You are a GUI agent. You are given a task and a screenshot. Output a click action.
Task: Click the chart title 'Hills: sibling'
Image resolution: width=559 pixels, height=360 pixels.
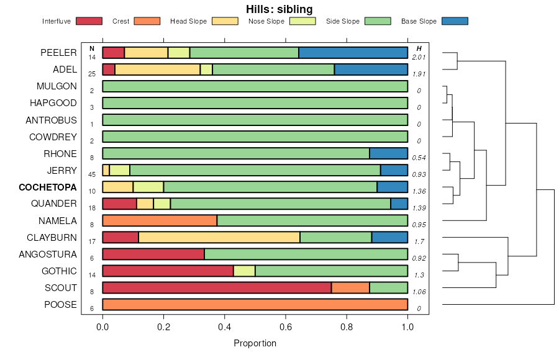point(279,9)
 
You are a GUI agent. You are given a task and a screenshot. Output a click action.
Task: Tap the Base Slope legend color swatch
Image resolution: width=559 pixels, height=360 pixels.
point(454,21)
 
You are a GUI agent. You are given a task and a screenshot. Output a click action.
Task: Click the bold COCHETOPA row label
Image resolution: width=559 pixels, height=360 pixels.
point(48,187)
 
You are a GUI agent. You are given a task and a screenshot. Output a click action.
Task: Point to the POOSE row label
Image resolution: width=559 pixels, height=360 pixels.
point(60,305)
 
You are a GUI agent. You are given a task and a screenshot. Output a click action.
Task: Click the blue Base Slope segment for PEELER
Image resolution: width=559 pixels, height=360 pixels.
point(353,52)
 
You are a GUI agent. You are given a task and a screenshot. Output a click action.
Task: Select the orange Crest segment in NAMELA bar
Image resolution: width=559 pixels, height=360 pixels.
point(160,220)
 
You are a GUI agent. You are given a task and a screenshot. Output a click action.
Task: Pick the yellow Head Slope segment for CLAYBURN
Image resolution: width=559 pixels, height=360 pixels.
point(219,237)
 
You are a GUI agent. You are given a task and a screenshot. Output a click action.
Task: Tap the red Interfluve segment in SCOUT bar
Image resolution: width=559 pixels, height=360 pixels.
point(217,287)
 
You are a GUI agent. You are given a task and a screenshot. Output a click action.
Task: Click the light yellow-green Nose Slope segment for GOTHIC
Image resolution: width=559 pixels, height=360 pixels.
point(244,271)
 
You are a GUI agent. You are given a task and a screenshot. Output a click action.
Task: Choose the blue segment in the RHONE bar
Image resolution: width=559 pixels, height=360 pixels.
point(388,153)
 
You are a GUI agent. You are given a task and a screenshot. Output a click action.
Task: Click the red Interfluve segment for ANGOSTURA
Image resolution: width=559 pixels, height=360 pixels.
point(153,254)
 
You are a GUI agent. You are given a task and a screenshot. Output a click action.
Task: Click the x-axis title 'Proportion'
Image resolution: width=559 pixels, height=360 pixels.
point(255,343)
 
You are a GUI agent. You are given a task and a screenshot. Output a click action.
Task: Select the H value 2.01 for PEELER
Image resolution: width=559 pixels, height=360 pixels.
point(419,57)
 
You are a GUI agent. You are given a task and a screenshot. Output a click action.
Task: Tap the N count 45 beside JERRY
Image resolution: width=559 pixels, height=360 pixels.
point(92,174)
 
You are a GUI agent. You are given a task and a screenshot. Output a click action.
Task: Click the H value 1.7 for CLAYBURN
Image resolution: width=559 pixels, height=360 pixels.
point(419,241)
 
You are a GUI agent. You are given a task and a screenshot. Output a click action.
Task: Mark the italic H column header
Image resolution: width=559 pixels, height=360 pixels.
point(419,48)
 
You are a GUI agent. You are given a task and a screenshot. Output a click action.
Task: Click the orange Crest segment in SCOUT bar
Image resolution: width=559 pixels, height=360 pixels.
point(350,287)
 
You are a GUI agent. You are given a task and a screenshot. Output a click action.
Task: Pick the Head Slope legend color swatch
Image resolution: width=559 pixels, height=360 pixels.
point(225,21)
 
